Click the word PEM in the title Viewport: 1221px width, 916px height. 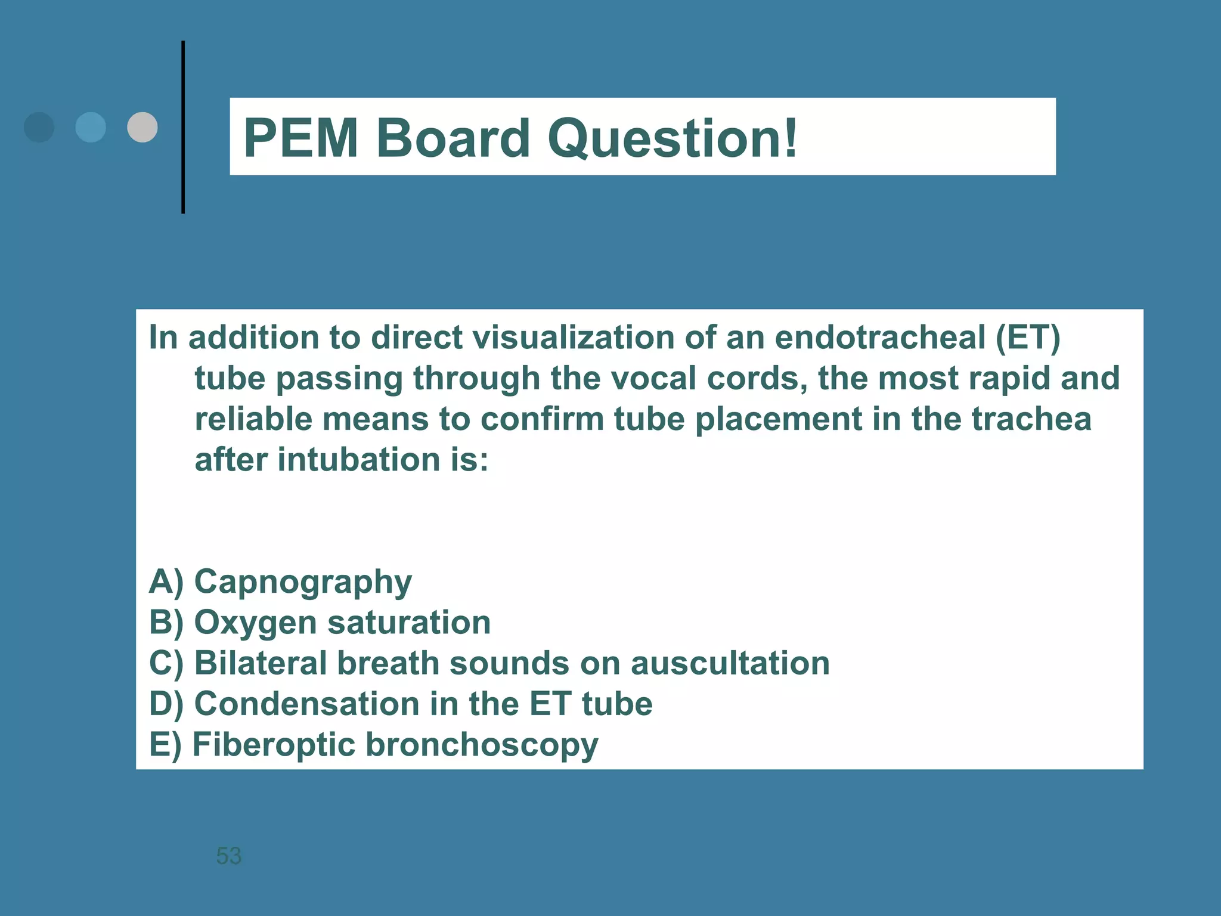tap(301, 138)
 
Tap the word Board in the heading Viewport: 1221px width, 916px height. tap(453, 138)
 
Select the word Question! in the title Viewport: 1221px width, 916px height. tap(672, 138)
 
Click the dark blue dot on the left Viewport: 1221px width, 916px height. tap(39, 127)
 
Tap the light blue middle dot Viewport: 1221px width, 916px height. tap(91, 127)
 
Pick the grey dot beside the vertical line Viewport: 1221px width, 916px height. tap(142, 127)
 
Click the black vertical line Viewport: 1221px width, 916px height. tap(183, 127)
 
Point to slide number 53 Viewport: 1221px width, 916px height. tap(228, 856)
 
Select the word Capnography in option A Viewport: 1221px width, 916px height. tap(303, 582)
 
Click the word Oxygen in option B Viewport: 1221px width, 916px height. tap(256, 623)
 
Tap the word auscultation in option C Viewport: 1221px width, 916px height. tap(730, 663)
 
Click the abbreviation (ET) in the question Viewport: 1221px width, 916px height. tap(1028, 338)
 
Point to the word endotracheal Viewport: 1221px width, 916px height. tap(880, 338)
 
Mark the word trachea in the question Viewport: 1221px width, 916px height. tap(1031, 419)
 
